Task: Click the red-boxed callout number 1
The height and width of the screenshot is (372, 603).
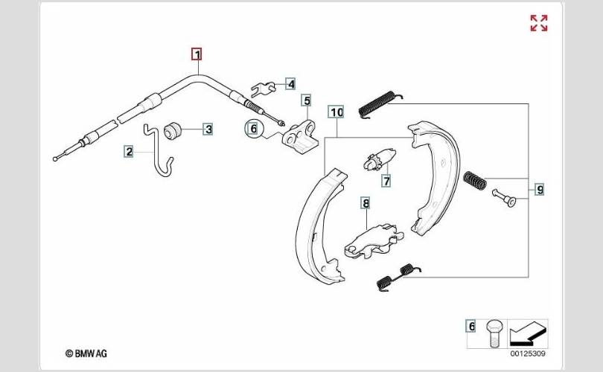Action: point(197,54)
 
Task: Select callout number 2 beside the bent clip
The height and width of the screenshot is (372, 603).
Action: point(129,151)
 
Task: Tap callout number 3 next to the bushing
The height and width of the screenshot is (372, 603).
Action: point(208,129)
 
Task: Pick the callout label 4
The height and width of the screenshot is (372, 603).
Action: point(290,84)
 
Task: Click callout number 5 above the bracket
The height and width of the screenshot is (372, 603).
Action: point(307,100)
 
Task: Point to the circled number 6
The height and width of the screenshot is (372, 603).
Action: point(253,129)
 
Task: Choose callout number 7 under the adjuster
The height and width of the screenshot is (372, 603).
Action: point(386,180)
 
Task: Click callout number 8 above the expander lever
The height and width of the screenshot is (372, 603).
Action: point(366,203)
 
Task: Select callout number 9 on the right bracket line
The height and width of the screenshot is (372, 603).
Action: point(540,189)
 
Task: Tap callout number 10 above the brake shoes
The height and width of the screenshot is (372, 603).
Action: point(336,112)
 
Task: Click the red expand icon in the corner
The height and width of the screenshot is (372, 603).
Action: point(539,23)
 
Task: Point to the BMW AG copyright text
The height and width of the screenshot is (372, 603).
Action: point(86,353)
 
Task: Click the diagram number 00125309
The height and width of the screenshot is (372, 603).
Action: point(528,353)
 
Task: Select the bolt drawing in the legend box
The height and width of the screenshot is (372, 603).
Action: point(494,333)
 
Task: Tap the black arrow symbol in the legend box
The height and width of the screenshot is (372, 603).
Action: point(528,333)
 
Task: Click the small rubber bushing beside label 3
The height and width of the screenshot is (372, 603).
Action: point(172,131)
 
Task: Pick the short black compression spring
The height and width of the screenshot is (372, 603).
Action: point(475,180)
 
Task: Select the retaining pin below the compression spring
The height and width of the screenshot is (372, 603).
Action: point(504,197)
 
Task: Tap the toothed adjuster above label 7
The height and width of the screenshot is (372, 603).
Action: point(379,158)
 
